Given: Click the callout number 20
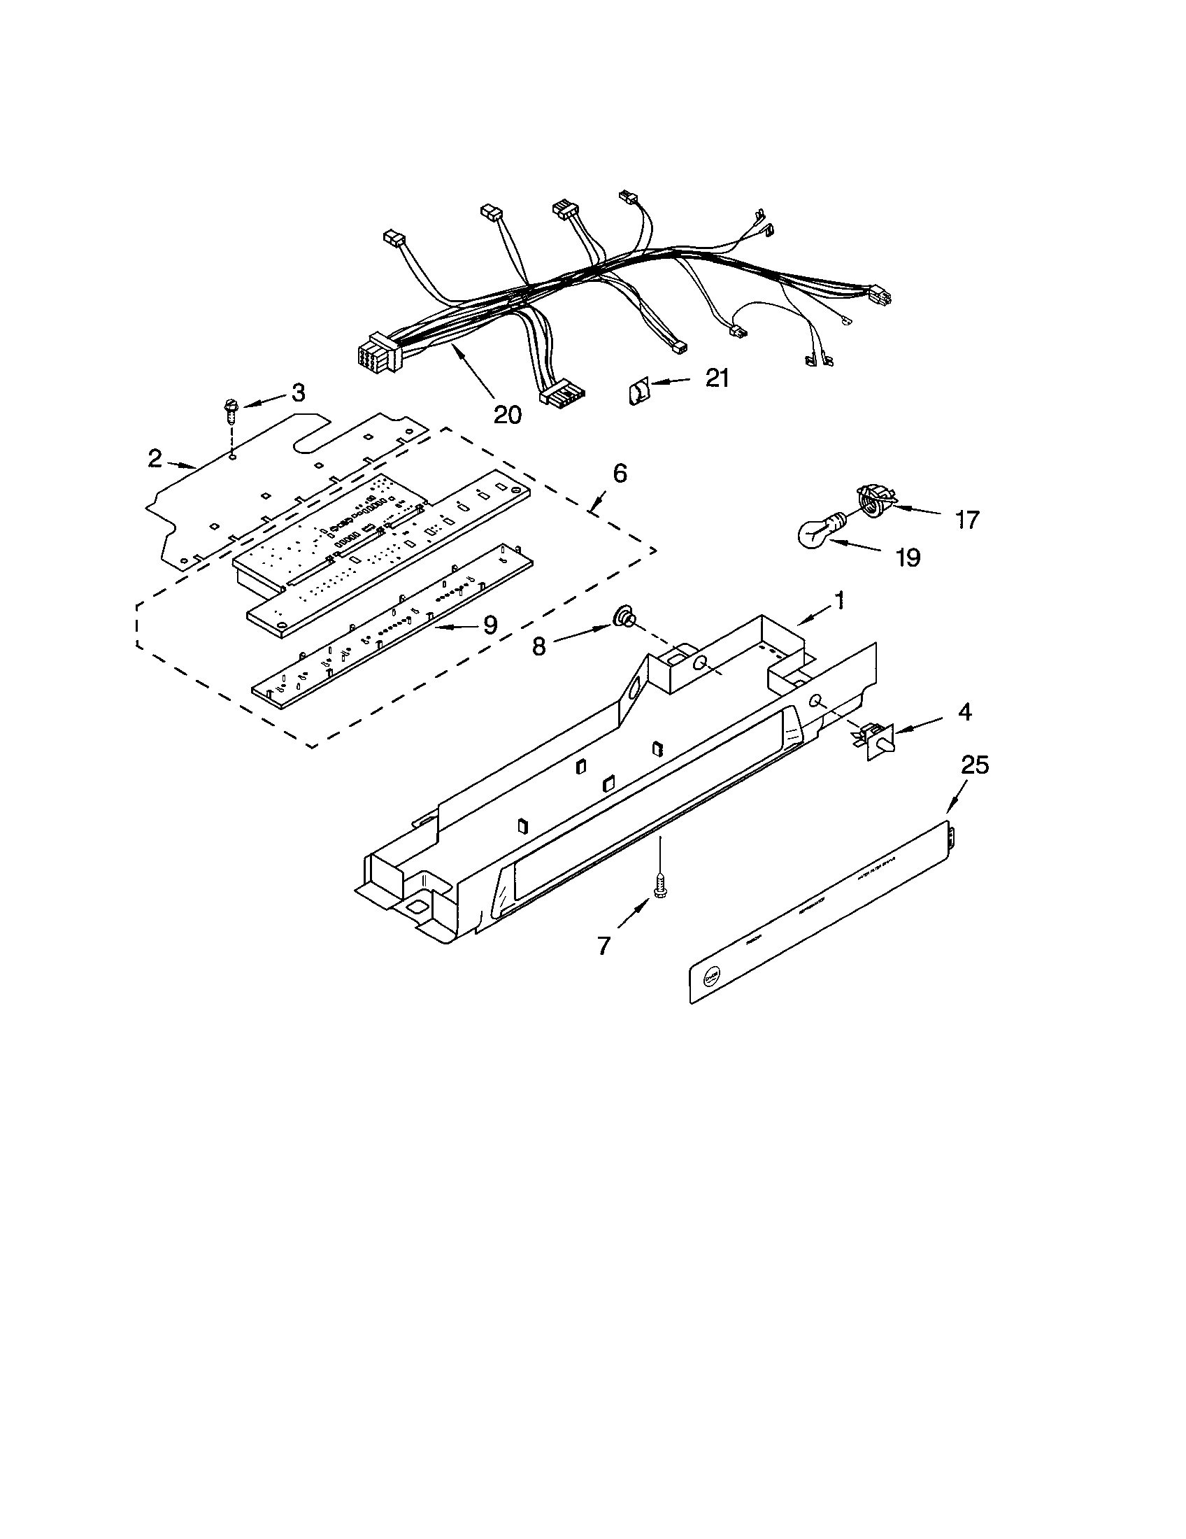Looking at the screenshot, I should (x=507, y=414).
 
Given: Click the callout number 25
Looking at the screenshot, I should (x=976, y=765).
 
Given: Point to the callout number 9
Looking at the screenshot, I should (x=490, y=624).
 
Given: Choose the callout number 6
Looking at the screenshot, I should (x=619, y=474).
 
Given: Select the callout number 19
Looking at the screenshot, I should (x=908, y=558).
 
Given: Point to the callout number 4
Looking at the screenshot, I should (x=964, y=711).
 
